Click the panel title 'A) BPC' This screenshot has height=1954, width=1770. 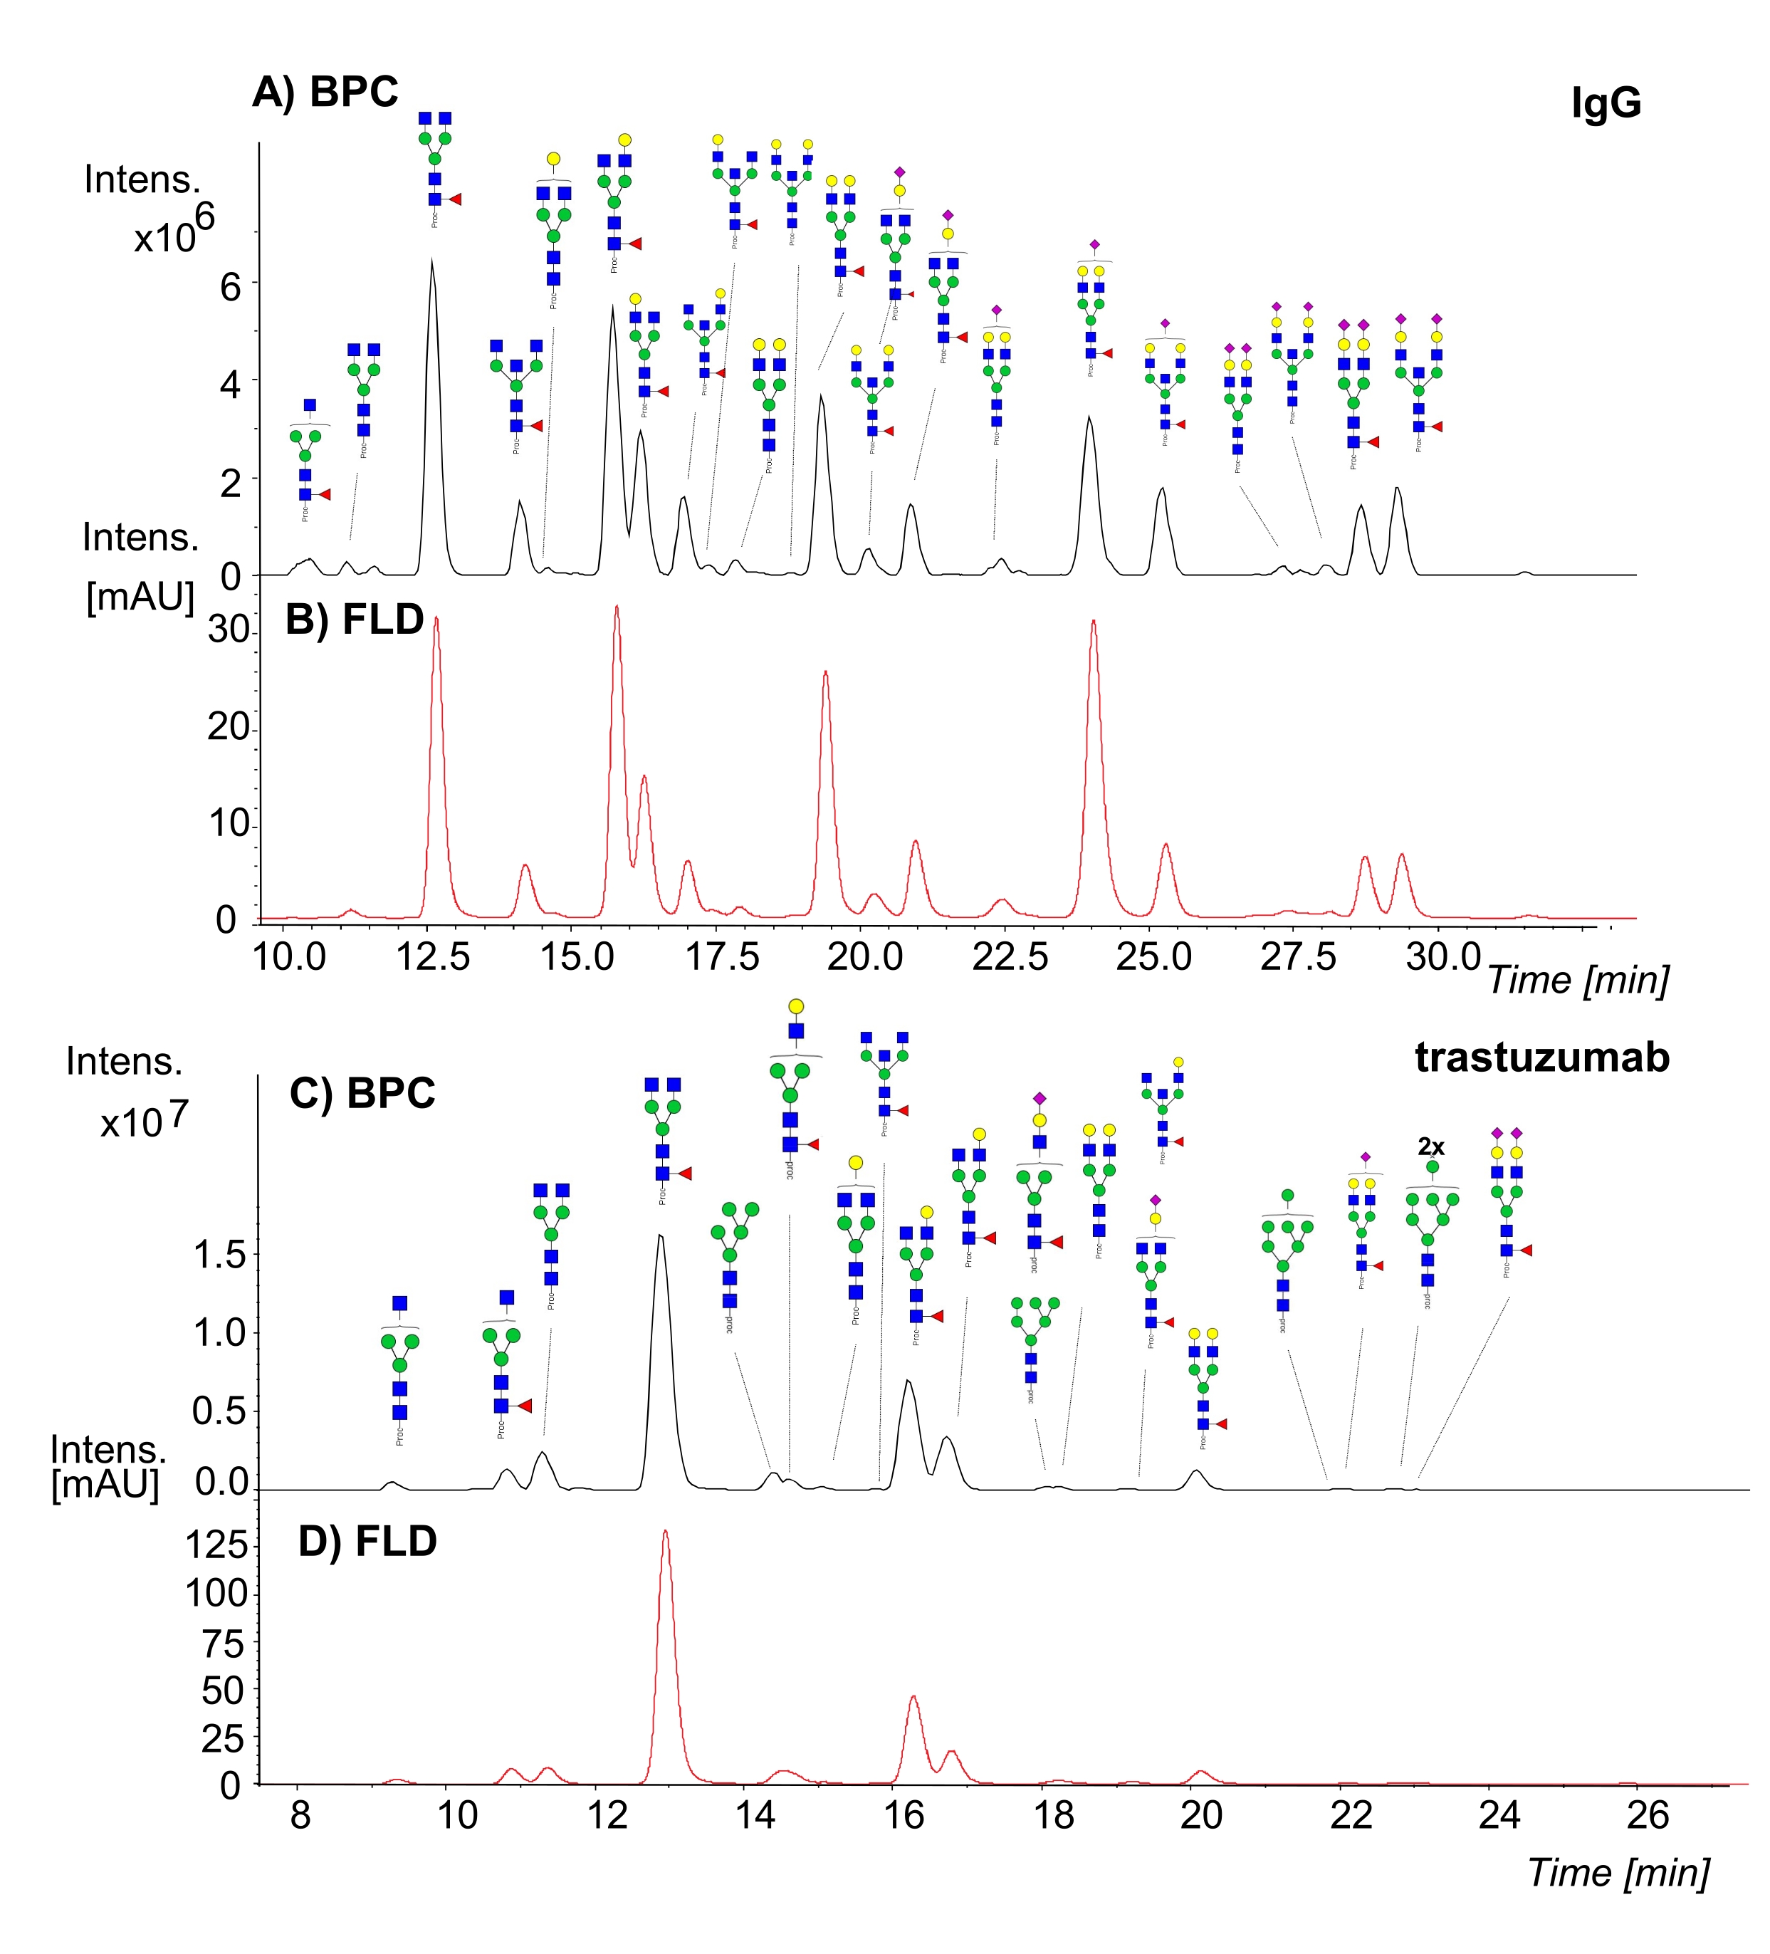(x=325, y=92)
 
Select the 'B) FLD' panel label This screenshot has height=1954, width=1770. (x=355, y=620)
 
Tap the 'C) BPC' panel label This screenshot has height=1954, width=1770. (x=362, y=1093)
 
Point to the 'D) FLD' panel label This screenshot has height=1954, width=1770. (x=367, y=1541)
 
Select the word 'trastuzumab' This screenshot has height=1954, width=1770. (x=1542, y=1057)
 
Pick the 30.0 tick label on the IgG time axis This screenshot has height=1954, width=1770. (x=1443, y=956)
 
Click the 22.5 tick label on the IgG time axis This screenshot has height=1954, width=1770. (x=1010, y=956)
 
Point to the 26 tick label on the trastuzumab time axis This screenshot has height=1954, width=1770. (x=1648, y=1814)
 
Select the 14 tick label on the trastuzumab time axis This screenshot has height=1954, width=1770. (x=755, y=1814)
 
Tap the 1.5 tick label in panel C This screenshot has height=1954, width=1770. (x=220, y=1255)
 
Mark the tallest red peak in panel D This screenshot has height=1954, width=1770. (x=664, y=1532)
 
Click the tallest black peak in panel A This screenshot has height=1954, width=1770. (x=431, y=262)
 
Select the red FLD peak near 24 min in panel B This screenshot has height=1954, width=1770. (x=1094, y=622)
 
